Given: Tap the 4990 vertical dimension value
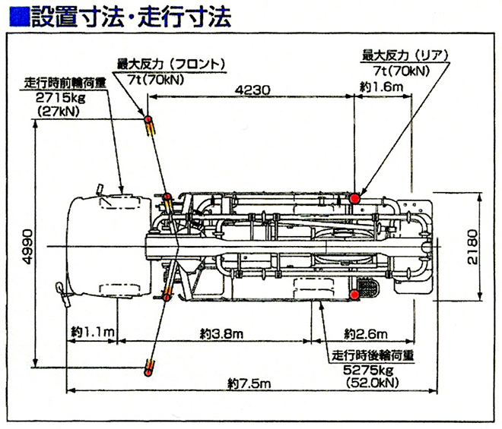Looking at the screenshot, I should pos(28,246).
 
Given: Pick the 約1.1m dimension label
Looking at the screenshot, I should pos(93,333).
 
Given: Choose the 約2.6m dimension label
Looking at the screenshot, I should pos(366,333).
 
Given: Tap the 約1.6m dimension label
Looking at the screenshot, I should pos(381,88).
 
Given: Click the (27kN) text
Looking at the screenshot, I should pos(59,111).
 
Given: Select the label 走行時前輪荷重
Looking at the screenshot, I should pos(64,84).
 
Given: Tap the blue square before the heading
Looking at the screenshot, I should pos(21,17).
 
